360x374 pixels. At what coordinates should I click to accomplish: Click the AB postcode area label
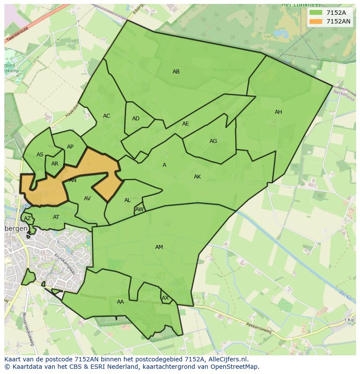176,72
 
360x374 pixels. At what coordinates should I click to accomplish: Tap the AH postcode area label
278,112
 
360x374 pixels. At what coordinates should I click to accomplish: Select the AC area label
107,116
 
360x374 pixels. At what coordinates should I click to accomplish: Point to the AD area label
136,119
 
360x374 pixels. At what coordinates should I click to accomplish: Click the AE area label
186,124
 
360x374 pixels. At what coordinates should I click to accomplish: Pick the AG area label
213,141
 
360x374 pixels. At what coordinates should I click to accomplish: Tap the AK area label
197,177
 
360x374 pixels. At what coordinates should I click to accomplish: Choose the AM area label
159,247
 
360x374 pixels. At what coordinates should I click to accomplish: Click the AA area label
120,302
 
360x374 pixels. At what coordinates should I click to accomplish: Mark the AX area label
165,298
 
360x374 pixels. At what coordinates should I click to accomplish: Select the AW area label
139,209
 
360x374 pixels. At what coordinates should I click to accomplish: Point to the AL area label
127,200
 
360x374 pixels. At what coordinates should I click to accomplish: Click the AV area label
87,199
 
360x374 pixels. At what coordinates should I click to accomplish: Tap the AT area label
56,217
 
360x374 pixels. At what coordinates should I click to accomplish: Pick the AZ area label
27,218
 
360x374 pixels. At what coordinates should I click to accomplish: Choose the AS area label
40,155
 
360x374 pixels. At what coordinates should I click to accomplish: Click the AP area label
70,147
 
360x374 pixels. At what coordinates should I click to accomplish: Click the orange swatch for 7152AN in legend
316,21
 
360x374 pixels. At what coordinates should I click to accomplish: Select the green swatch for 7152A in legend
316,13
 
